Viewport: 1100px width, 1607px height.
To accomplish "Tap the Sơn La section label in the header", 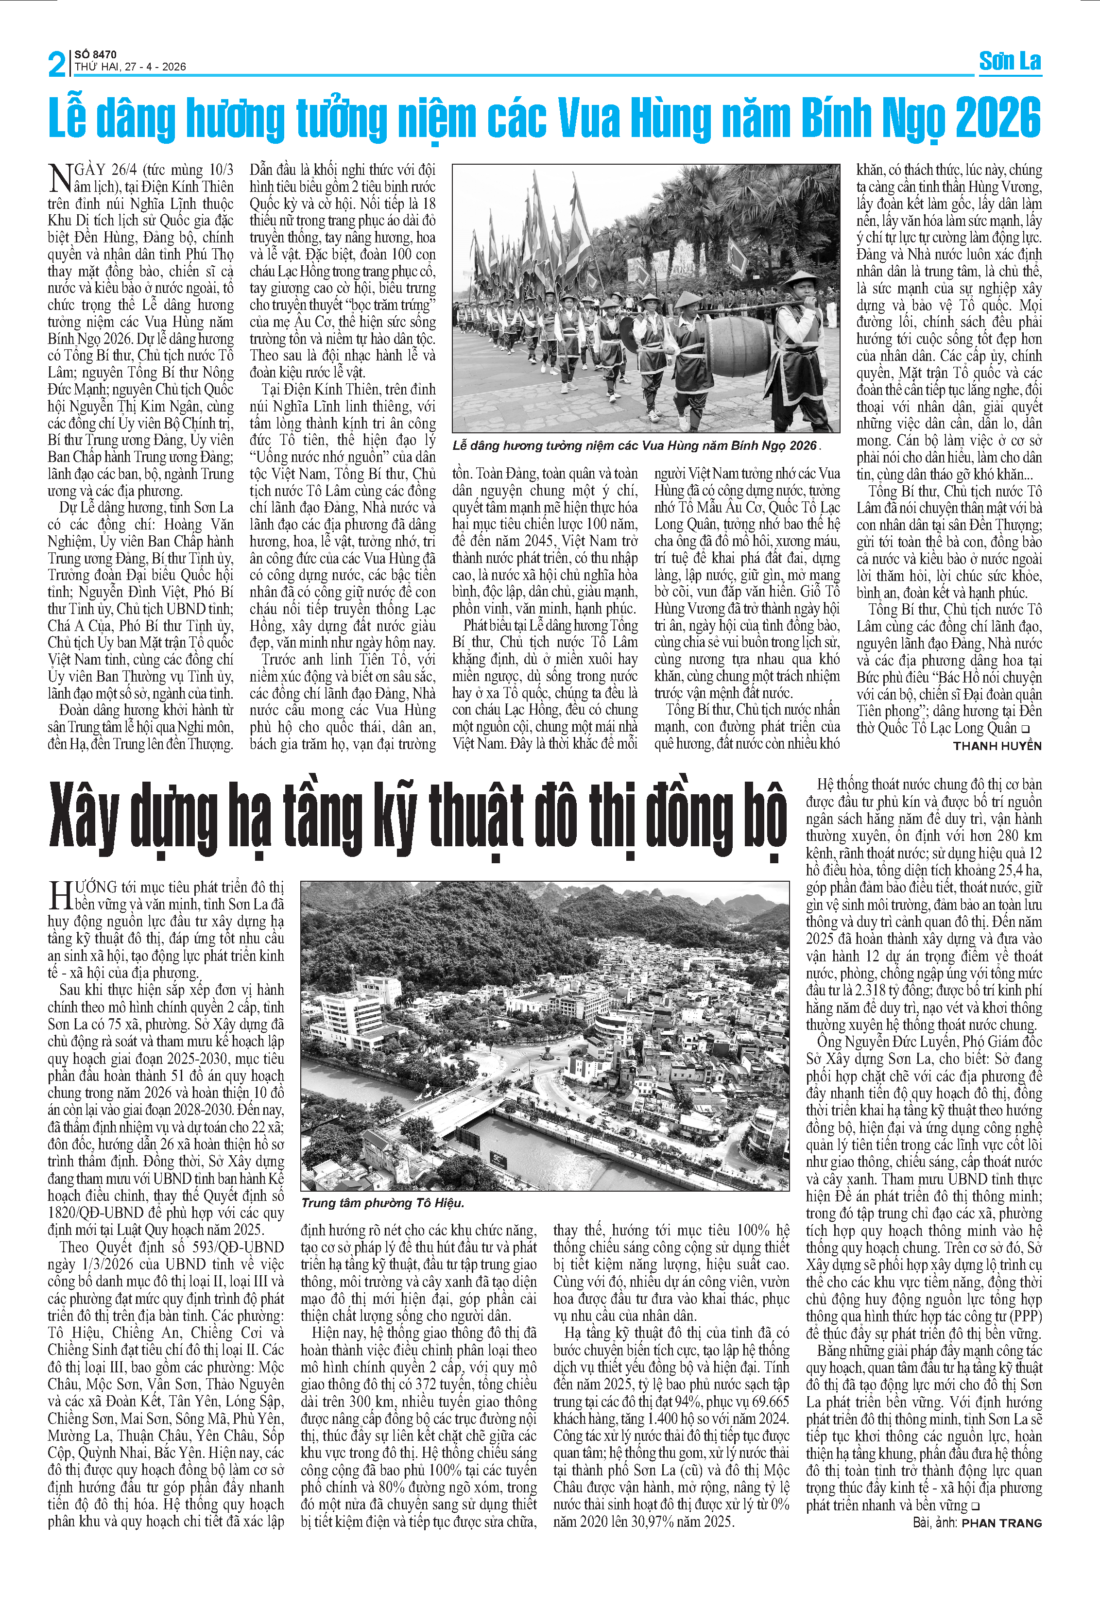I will (1010, 62).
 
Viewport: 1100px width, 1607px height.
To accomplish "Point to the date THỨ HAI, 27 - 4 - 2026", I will (130, 67).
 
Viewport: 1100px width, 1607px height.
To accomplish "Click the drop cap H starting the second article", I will (60, 895).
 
